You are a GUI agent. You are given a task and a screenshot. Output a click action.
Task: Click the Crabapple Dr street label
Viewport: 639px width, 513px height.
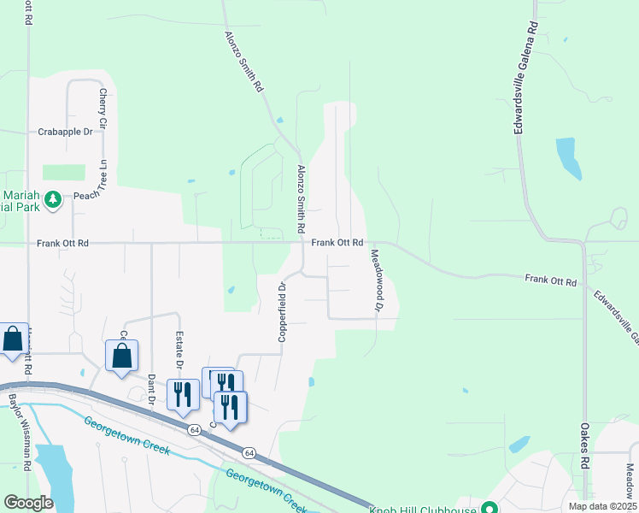click(x=65, y=132)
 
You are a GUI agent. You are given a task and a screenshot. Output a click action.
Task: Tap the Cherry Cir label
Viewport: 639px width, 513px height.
click(x=103, y=109)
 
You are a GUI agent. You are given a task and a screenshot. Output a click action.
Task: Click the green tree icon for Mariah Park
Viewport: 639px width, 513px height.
click(x=53, y=199)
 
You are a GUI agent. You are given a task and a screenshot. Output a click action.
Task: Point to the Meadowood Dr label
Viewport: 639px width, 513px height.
click(x=376, y=280)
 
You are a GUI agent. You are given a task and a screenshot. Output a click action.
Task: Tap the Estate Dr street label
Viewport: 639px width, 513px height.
click(x=179, y=351)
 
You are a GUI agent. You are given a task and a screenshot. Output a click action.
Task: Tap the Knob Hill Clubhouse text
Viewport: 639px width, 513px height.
click(x=424, y=509)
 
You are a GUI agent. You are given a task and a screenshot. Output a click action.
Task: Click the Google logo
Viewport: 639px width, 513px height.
click(x=28, y=503)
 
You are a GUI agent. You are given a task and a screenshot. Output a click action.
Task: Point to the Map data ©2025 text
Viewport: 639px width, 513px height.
click(x=602, y=507)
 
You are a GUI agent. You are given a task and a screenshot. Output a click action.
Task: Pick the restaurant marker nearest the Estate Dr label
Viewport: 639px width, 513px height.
click(x=183, y=393)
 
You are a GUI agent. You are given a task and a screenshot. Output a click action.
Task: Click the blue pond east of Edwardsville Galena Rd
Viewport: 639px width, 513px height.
click(x=568, y=157)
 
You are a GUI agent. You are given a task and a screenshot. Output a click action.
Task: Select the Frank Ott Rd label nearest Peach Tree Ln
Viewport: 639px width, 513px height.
click(x=62, y=244)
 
